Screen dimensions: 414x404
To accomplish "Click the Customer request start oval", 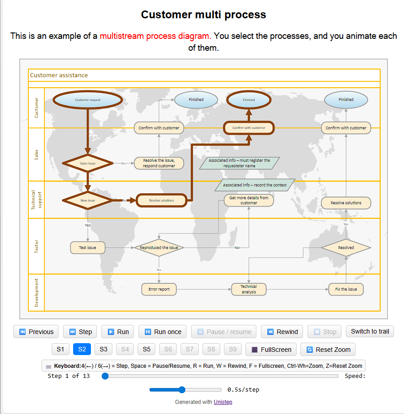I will point(88,100).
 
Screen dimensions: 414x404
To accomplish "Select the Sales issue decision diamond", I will point(88,163).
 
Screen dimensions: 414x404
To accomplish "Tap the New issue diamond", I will point(88,200).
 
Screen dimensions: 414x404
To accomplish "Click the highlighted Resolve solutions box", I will point(161,200).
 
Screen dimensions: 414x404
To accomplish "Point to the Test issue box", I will point(88,248).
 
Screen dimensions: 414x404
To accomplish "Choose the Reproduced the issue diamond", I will point(159,248).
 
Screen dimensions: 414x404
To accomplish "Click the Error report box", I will point(159,289).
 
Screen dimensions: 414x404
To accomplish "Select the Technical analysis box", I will point(249,289).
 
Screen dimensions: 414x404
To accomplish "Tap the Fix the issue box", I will point(346,289).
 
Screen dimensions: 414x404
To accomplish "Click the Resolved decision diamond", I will point(346,248).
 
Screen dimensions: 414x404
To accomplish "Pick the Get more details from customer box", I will point(249,200).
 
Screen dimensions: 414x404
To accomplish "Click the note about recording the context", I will point(255,185).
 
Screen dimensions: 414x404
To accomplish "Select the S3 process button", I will point(103,350).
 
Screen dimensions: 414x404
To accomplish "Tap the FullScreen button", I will point(271,350).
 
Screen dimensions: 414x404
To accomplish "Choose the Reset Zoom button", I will point(328,350).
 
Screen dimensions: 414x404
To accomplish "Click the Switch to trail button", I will point(370,331).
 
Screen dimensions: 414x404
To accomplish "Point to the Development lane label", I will point(37,292).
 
